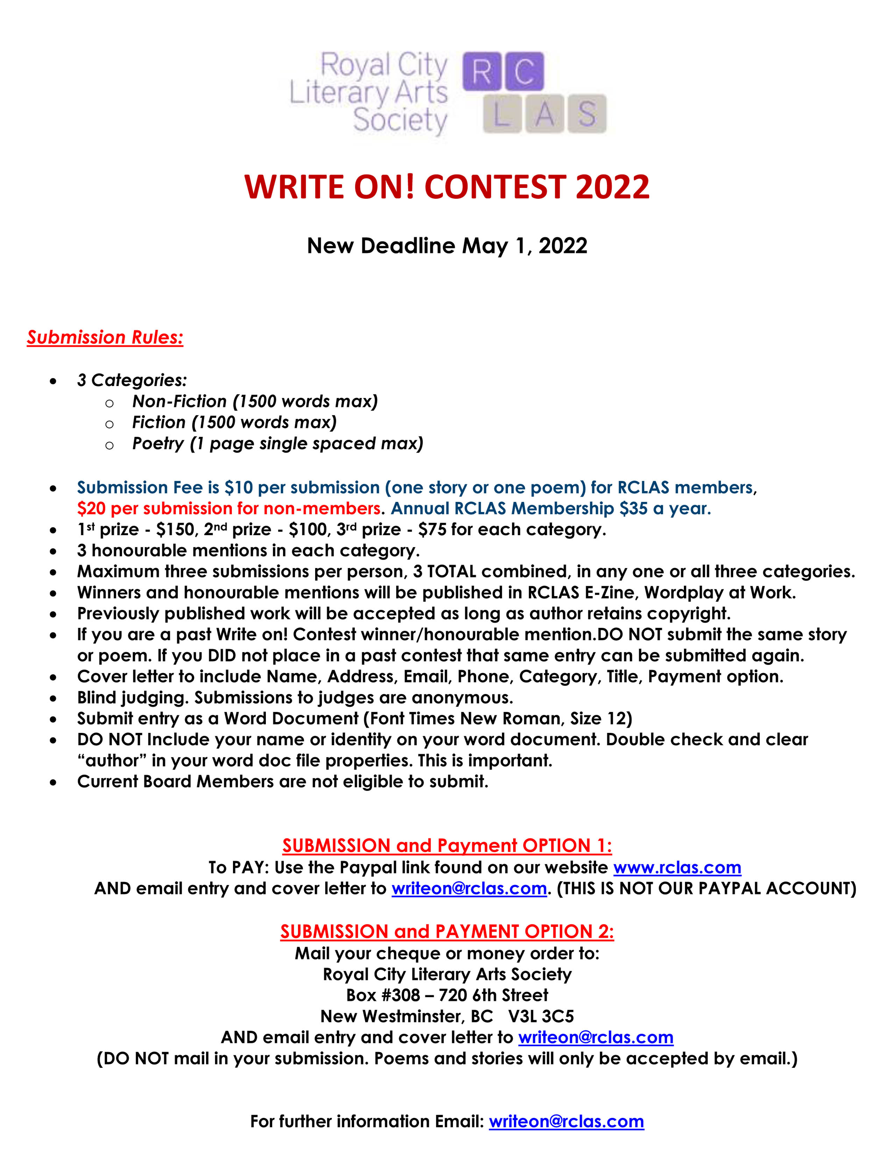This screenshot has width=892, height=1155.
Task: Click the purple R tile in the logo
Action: click(481, 71)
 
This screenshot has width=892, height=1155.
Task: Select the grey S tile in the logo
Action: click(587, 114)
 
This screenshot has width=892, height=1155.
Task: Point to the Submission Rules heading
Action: click(105, 337)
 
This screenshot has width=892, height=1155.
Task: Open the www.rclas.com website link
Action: click(677, 867)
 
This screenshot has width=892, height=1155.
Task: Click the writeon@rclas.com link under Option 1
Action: click(469, 888)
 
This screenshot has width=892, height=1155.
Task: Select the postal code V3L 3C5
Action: click(541, 1016)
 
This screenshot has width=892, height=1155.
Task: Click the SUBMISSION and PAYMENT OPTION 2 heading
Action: click(447, 931)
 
